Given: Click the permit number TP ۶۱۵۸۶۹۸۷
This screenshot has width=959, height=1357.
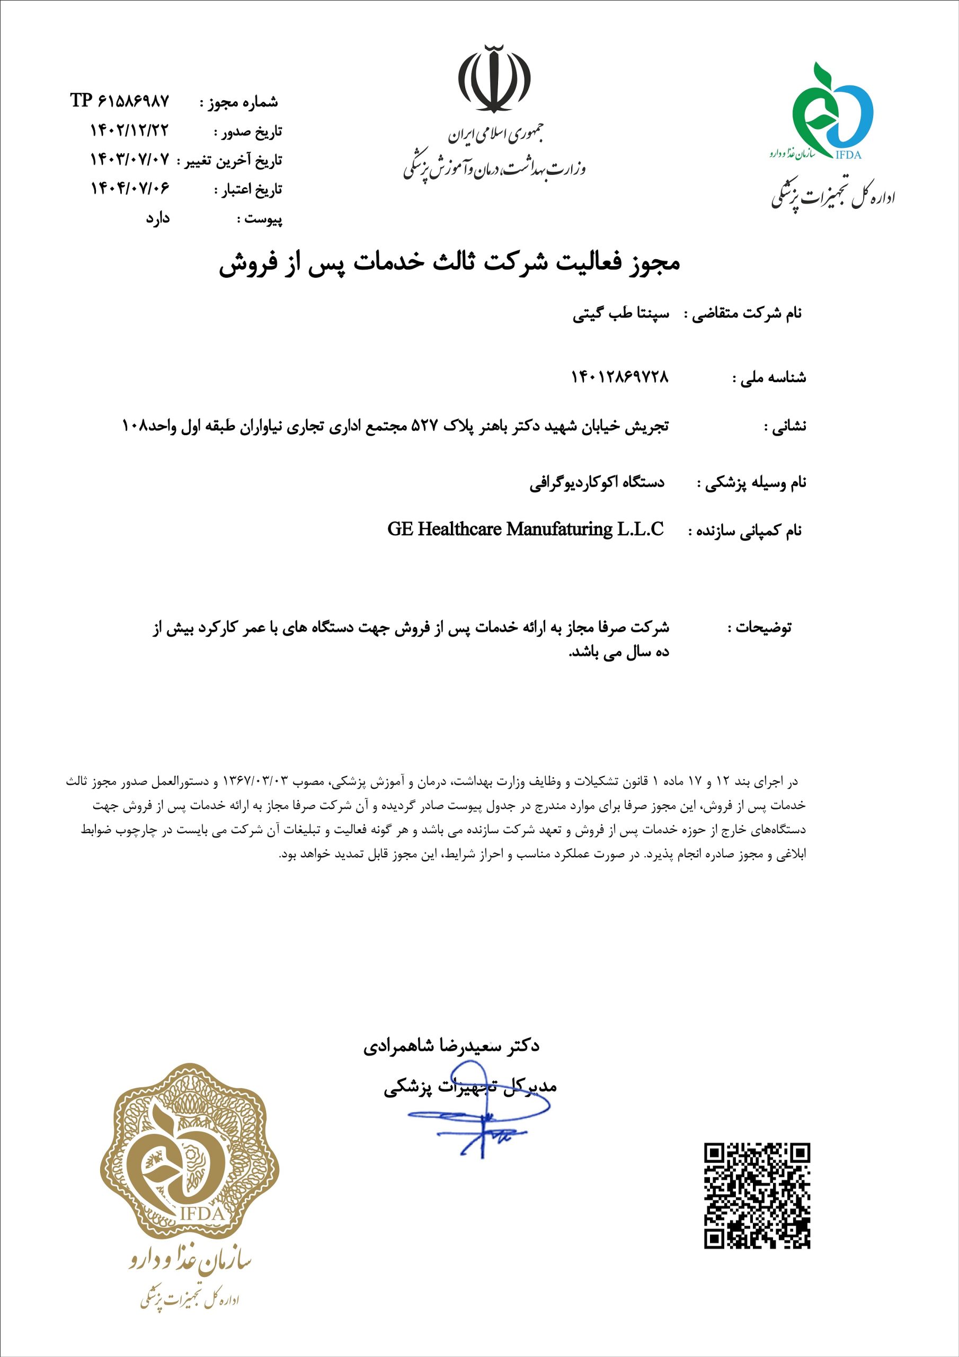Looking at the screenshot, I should [120, 101].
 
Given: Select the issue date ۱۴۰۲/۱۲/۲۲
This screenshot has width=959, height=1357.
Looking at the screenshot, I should [129, 130].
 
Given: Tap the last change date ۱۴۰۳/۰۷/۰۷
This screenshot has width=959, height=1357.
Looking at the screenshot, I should [129, 159].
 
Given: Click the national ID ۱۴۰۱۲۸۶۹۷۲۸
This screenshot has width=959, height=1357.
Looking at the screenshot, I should [620, 376].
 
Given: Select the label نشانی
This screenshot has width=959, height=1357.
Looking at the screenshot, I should [785, 426].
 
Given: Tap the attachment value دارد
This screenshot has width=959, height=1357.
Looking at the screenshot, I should [158, 218].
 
